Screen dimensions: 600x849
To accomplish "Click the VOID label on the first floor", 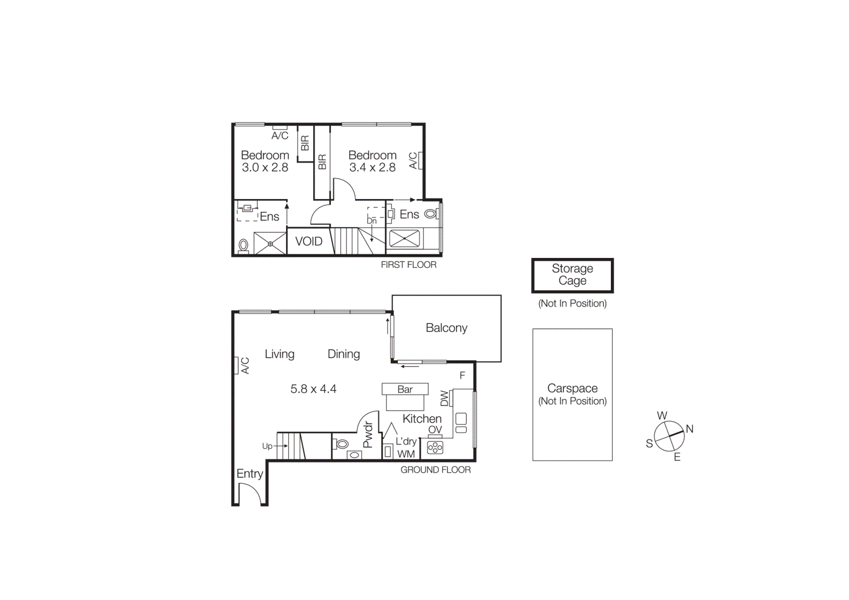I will (x=308, y=241).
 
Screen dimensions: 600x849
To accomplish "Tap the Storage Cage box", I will (x=572, y=275).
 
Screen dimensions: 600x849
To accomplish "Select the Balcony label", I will (x=446, y=328).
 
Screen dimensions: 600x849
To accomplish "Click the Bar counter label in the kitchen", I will (x=405, y=389).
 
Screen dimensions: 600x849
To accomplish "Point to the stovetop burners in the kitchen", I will (x=435, y=447).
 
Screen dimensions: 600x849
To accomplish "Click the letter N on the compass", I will (x=689, y=429).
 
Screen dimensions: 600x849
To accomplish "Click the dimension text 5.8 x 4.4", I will (x=313, y=389).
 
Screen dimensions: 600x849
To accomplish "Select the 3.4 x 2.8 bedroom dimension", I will (x=372, y=168).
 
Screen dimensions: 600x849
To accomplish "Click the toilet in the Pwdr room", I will (x=342, y=444).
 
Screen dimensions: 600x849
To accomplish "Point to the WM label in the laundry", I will (x=406, y=454).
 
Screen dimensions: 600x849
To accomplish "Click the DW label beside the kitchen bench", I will (x=445, y=398).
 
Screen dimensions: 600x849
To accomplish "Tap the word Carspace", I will (x=572, y=388).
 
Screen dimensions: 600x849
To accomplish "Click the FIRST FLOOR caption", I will (x=408, y=265).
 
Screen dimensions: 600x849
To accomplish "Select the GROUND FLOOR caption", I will (x=435, y=469).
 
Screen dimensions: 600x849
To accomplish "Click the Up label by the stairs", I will (x=267, y=446).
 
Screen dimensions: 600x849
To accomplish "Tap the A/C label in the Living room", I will (x=245, y=366).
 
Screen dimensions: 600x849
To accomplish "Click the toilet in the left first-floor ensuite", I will (x=243, y=245).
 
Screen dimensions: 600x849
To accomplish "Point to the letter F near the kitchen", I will (x=462, y=376).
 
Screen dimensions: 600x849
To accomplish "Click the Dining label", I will (x=343, y=354).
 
